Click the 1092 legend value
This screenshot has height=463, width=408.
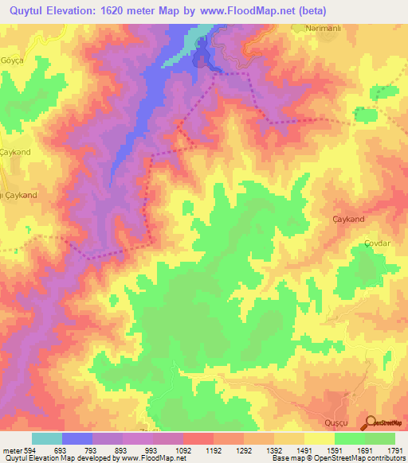[x=184, y=449]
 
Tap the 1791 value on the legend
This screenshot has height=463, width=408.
[x=396, y=449]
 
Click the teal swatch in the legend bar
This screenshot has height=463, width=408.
[x=46, y=438]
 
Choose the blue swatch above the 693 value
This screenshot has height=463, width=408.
[x=77, y=438]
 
